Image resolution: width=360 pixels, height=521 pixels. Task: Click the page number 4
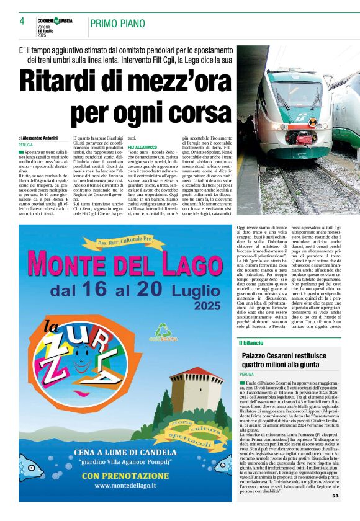pos(22,22)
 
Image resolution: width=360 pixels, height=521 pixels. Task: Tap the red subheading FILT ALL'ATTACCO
pos(142,146)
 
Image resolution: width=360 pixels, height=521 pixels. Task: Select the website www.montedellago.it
pos(120,485)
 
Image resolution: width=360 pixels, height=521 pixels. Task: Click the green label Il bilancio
pos(253,342)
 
